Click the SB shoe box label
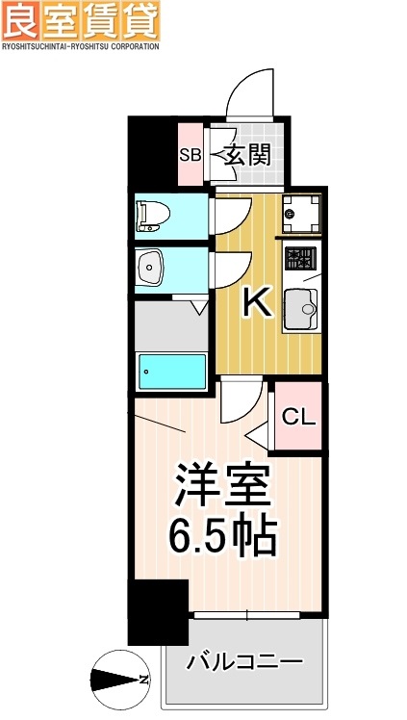click(190, 154)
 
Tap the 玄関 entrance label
click(246, 154)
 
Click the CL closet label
click(298, 417)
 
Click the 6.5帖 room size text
click(224, 534)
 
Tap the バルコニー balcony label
click(244, 662)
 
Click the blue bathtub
click(172, 372)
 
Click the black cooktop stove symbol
click(301, 258)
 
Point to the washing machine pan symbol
click(302, 211)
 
